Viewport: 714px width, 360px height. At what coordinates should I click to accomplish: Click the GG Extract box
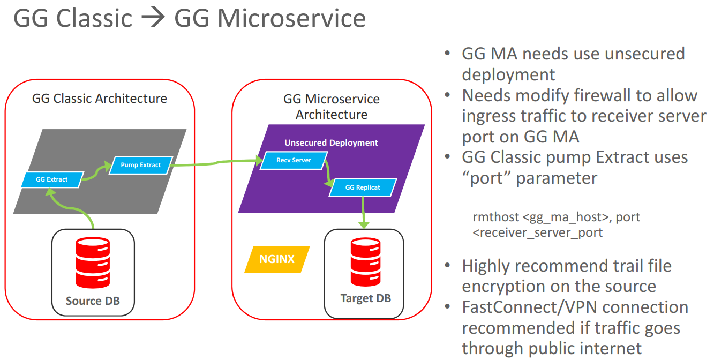(52, 179)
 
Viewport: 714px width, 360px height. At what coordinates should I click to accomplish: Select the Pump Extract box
(141, 165)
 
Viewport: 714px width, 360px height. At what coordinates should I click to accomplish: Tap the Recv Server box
(294, 160)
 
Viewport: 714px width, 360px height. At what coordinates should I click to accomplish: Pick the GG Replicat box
(363, 187)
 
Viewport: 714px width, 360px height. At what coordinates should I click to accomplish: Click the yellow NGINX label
(277, 259)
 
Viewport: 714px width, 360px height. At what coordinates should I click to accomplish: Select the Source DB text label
(93, 301)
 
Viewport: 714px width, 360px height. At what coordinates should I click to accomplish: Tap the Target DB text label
(366, 298)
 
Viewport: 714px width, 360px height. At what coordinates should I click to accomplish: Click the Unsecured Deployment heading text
(331, 143)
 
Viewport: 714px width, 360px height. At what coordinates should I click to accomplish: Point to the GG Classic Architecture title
(100, 99)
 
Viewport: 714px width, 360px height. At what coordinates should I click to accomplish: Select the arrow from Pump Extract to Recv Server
(214, 162)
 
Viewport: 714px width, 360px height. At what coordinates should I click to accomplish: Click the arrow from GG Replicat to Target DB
(364, 212)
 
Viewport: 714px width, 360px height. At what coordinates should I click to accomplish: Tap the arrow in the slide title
(153, 18)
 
